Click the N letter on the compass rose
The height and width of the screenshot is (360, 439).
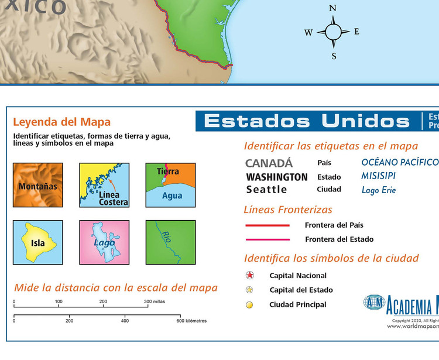pos(332,8)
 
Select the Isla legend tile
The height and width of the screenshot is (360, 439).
pos(37,242)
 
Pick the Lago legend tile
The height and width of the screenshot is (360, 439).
pos(104,242)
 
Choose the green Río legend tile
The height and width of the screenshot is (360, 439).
pos(170,242)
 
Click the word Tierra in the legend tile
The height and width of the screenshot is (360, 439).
pos(168,172)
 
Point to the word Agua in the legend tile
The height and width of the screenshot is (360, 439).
pos(172,196)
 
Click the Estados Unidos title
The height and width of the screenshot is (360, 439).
pos(307,121)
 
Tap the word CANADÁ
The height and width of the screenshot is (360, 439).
pos(269,163)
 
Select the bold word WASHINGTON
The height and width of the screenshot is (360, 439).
pos(277,177)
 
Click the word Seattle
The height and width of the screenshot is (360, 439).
pos(266,190)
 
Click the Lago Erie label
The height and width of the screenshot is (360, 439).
pos(379,190)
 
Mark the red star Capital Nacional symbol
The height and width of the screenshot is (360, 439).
pos(250,275)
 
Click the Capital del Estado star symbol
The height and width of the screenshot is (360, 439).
pos(250,290)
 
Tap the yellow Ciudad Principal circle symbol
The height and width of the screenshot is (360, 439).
pos(250,304)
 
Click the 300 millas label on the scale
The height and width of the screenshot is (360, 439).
pos(155,302)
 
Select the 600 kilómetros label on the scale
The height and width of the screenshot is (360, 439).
pos(191,321)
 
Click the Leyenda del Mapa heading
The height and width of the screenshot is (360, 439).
pos(61,122)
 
